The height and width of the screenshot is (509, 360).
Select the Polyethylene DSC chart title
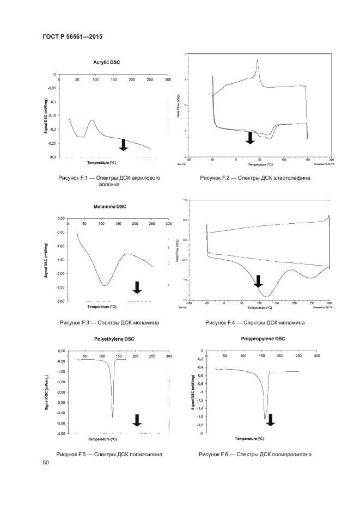114,339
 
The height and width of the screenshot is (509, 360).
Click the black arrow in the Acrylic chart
123,144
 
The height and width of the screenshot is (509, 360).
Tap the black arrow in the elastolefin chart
250,138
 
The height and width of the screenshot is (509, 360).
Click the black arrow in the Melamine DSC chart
137,287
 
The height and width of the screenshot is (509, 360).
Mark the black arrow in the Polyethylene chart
137,420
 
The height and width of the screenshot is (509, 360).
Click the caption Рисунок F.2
255,178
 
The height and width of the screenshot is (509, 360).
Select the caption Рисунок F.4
255,323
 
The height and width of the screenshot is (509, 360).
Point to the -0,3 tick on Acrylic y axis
53,157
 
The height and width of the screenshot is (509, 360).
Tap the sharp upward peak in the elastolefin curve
257,60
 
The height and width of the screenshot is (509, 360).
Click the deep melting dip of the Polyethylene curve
113,416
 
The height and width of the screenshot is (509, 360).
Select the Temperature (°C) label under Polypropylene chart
250,438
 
